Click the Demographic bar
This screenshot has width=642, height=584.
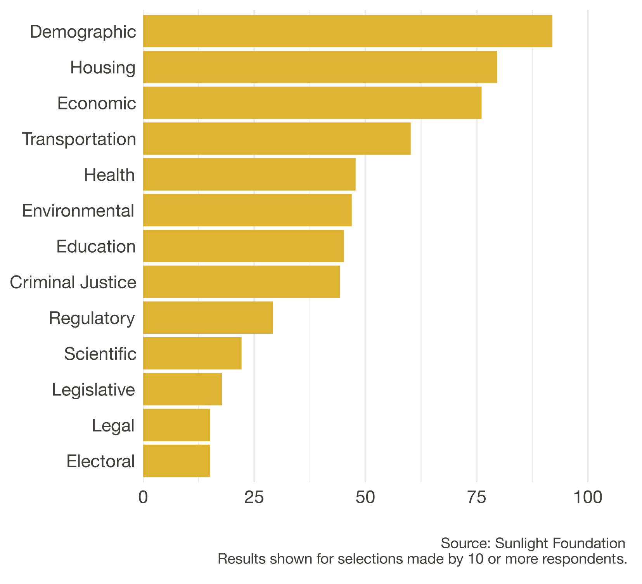tap(347, 31)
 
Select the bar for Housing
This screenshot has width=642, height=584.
tap(320, 67)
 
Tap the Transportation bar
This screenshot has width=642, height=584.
tap(277, 139)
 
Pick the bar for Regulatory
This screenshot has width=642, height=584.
tap(208, 317)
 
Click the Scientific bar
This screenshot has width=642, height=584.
tap(192, 354)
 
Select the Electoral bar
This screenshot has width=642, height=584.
tap(177, 461)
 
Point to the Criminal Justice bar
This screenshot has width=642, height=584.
tap(241, 282)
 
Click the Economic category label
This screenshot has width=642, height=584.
tap(97, 104)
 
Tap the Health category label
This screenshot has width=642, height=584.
tap(109, 175)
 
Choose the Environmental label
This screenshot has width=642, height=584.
tap(78, 211)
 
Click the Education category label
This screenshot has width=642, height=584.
tap(96, 247)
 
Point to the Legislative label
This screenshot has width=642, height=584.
tap(93, 390)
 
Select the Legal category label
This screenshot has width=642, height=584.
tap(113, 426)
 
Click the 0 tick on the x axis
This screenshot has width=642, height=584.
tap(143, 497)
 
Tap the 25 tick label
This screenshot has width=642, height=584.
tap(254, 497)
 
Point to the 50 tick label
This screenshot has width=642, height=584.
tap(365, 497)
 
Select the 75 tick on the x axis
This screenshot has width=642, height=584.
tap(476, 497)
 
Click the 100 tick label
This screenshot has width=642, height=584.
tap(587, 497)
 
